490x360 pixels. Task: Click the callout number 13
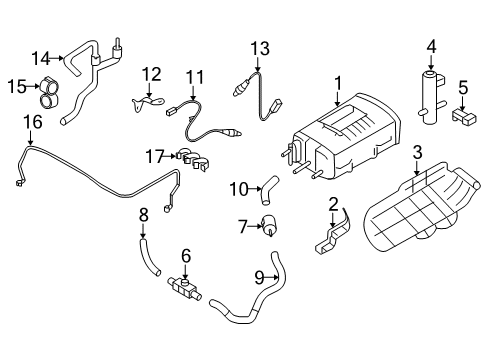point(260,47)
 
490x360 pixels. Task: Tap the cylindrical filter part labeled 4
point(432,95)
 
